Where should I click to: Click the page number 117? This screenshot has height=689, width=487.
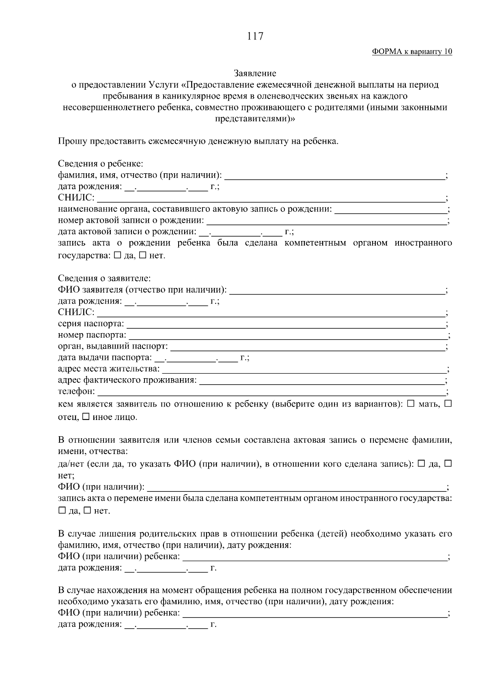click(255, 37)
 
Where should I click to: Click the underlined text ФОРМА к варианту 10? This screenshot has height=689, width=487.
click(412, 52)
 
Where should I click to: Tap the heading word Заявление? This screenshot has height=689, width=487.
click(255, 73)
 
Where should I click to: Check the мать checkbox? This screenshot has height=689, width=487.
click(410, 404)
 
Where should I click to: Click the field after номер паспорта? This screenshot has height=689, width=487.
click(287, 335)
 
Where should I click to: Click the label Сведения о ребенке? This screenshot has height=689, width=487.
click(100, 164)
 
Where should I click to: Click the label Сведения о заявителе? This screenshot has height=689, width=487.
click(104, 279)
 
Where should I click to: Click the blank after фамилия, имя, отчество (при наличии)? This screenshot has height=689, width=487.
click(334, 176)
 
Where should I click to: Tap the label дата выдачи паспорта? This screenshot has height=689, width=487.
click(105, 357)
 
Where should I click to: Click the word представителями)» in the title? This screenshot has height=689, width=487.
click(255, 119)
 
